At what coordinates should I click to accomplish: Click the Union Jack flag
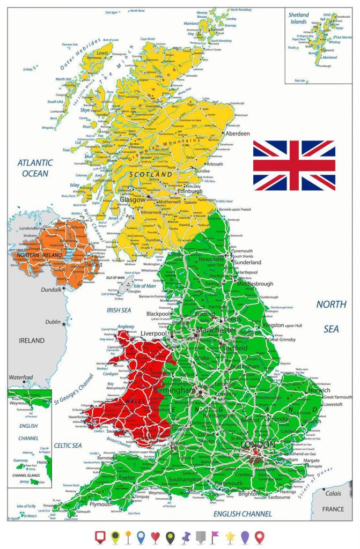[x=294, y=166]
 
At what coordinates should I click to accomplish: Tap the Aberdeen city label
[x=238, y=133]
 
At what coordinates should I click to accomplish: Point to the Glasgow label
[x=132, y=199]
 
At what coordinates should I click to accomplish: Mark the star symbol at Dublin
[x=64, y=324]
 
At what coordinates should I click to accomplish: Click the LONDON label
[x=258, y=444]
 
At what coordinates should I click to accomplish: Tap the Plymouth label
[x=101, y=504]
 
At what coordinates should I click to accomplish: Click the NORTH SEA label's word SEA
[x=331, y=329]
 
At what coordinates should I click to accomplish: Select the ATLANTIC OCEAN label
[x=35, y=168]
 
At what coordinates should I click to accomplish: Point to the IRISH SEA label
[x=119, y=310]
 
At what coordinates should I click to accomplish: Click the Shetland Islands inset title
[x=299, y=18]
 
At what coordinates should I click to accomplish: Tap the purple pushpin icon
[x=186, y=536]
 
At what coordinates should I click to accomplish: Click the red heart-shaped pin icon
[x=156, y=536]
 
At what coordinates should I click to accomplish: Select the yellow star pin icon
[x=230, y=536]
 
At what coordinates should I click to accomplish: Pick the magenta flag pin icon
[x=215, y=536]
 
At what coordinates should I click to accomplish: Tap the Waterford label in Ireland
[x=21, y=377]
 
